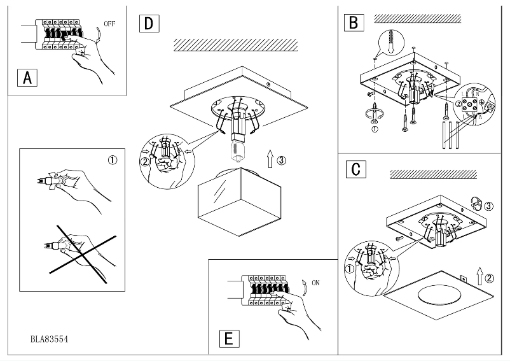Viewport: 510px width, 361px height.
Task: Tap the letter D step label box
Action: (148, 24)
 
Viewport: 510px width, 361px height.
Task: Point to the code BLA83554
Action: (50, 339)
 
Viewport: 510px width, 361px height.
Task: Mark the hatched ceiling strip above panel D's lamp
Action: (235, 45)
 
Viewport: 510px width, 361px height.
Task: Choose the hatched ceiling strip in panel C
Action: (432, 174)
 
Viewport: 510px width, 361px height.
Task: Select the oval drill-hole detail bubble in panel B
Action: (389, 43)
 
